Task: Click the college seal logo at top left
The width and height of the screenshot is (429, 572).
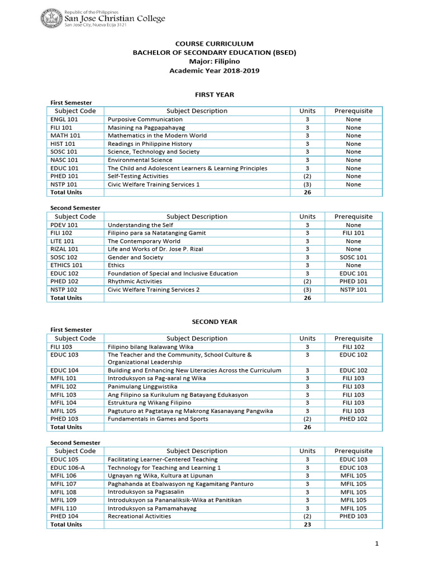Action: click(52, 20)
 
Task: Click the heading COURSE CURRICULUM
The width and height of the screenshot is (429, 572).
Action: click(214, 44)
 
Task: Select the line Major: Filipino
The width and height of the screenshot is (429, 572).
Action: click(214, 61)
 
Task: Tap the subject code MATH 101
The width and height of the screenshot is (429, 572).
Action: click(65, 136)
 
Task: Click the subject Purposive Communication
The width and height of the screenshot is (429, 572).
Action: click(145, 120)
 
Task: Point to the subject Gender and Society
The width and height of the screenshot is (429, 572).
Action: click(136, 258)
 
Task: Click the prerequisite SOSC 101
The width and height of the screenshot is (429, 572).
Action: click(353, 258)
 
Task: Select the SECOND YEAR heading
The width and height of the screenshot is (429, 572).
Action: click(214, 322)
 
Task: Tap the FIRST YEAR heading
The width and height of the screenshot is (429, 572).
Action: click(214, 95)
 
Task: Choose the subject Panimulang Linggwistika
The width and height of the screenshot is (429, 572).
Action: click(142, 387)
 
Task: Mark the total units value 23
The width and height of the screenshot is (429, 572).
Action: click(307, 525)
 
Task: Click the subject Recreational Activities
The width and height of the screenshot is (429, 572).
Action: click(140, 516)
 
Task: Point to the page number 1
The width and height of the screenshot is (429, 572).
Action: click(378, 544)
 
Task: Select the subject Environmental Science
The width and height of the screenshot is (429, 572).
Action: click(141, 160)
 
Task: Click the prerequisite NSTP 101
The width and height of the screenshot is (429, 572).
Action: click(353, 290)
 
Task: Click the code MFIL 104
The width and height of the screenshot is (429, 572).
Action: click(63, 403)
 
